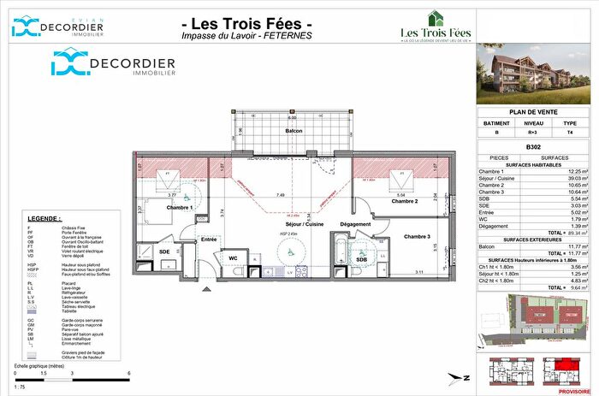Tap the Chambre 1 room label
(180, 208)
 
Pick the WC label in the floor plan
(232, 257)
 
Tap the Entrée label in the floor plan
(208, 239)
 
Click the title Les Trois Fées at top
(247, 22)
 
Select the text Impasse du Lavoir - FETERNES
(247, 35)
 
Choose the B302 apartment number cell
(536, 146)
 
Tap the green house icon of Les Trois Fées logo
(436, 18)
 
